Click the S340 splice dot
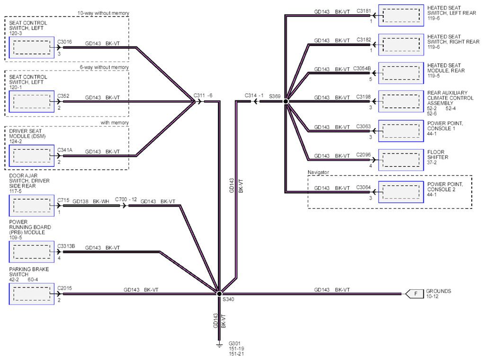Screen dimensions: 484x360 (x=219, y=294)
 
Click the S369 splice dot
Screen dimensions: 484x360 (x=286, y=101)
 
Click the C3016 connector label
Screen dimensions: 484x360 (x=64, y=42)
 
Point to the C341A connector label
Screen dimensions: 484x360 (x=65, y=150)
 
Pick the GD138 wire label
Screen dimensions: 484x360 (x=80, y=201)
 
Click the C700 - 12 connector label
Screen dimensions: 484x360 (x=126, y=199)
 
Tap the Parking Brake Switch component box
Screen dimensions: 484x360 (x=31, y=294)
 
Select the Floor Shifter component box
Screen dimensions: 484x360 (x=401, y=160)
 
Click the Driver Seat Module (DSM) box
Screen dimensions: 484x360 (x=31, y=156)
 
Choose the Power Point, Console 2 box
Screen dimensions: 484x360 (x=401, y=192)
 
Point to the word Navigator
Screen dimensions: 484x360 (x=318, y=172)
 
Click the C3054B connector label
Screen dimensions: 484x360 (x=362, y=68)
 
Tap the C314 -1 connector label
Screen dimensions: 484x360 (x=254, y=95)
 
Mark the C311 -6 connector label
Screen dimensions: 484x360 (x=203, y=95)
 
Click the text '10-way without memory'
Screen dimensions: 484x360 (x=103, y=13)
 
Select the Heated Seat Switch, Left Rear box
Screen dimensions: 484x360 (x=401, y=15)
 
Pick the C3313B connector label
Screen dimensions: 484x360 (x=66, y=246)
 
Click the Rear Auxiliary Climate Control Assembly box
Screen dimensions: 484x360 (x=401, y=101)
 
